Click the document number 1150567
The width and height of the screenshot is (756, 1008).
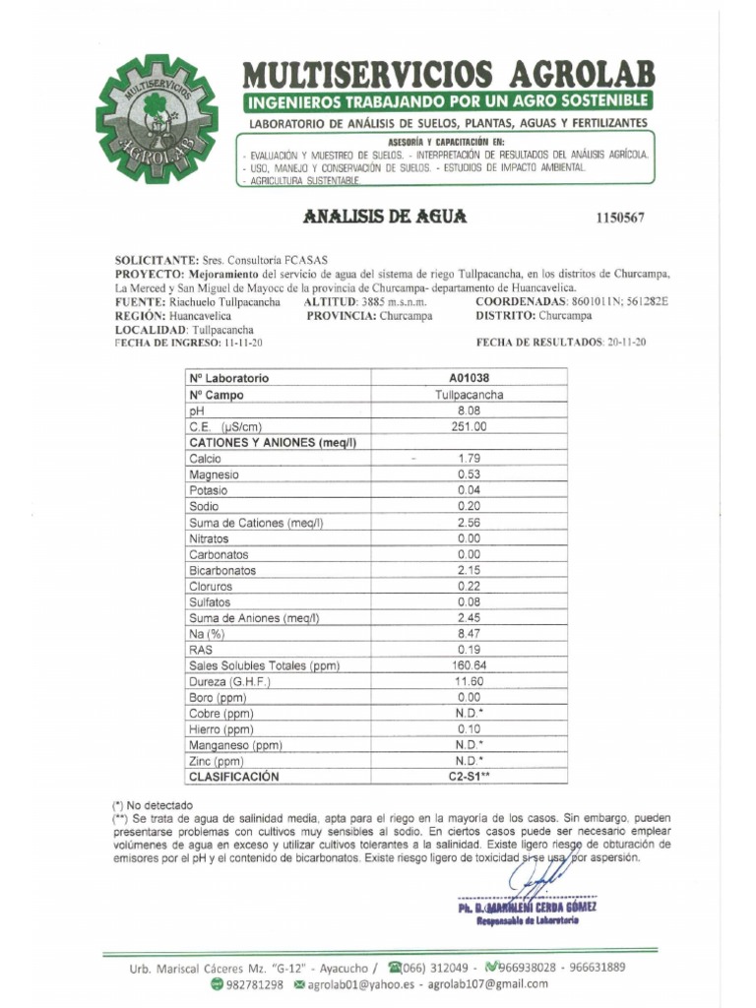(619, 218)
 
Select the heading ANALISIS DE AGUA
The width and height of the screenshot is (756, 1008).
(386, 217)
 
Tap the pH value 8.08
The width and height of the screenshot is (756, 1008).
(470, 410)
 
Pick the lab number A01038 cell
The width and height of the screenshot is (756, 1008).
(470, 378)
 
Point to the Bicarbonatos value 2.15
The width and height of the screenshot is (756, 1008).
(470, 571)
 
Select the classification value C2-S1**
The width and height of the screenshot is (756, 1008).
(470, 777)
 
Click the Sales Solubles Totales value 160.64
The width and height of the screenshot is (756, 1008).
(470, 665)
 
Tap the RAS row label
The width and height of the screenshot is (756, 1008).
(200, 650)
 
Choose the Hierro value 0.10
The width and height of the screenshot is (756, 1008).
(470, 729)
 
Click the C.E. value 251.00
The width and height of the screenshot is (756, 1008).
(470, 426)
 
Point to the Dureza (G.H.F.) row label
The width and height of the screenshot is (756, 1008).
(228, 681)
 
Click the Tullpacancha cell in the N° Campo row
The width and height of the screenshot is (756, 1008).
(470, 395)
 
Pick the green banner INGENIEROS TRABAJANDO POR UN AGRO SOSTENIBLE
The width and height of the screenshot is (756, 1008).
(447, 101)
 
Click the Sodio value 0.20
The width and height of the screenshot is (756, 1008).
(470, 506)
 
